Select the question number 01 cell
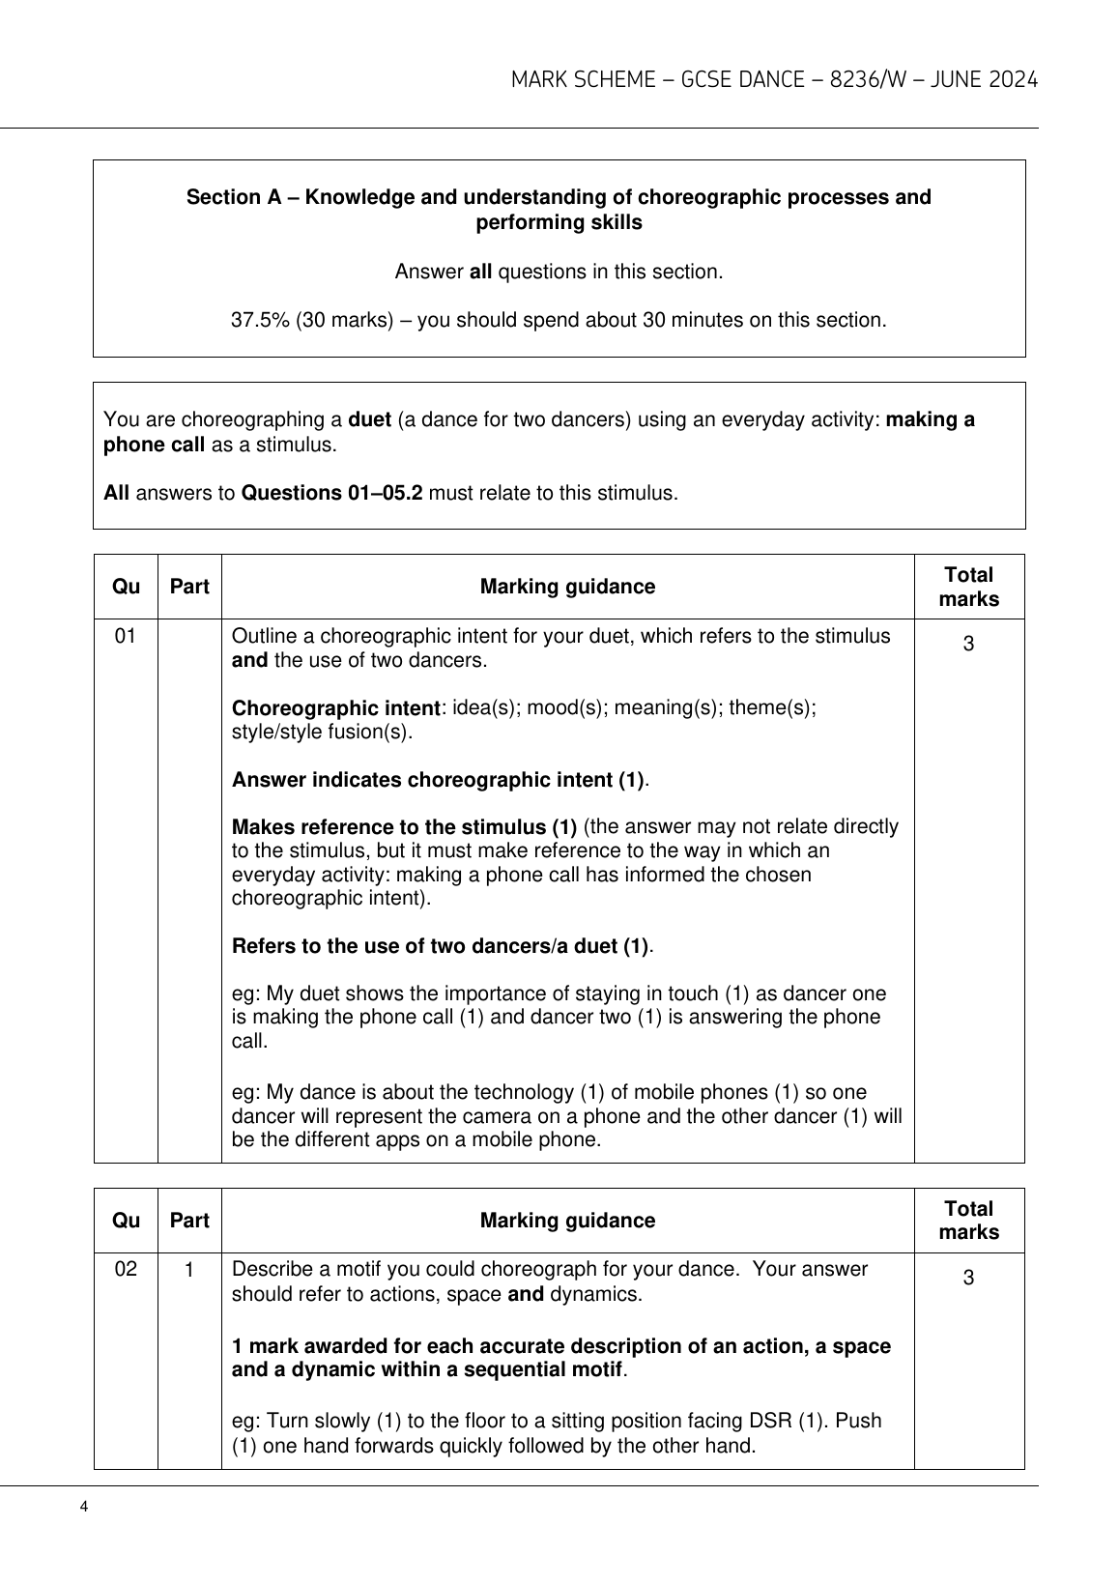[x=126, y=636]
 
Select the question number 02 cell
[x=126, y=1269]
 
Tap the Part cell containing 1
[x=189, y=1269]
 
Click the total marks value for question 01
[x=968, y=644]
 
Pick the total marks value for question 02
[x=968, y=1278]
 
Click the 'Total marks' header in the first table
[x=968, y=587]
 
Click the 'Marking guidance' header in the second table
[x=567, y=1221]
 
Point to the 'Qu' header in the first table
[x=126, y=587]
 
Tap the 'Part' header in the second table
[x=189, y=1221]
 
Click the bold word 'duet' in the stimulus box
[x=368, y=420]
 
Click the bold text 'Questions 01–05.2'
[x=331, y=494]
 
